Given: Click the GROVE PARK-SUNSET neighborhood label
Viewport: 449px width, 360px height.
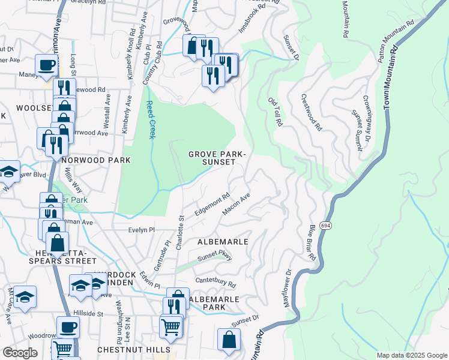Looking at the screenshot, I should click(217, 158).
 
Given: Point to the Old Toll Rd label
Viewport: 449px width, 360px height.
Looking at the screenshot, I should click(275, 112).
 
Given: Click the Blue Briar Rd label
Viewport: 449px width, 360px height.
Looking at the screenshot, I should click(312, 242).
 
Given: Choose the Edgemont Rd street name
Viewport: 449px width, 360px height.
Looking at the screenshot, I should click(212, 205).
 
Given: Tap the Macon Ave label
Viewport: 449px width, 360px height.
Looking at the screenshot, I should click(236, 205).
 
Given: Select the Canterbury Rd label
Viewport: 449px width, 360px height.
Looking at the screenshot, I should click(215, 280).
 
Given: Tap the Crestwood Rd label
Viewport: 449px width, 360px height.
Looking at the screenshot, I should click(312, 112).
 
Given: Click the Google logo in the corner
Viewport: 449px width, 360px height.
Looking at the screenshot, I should click(20, 353).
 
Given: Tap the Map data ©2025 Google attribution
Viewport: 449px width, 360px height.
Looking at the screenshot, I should click(411, 355).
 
